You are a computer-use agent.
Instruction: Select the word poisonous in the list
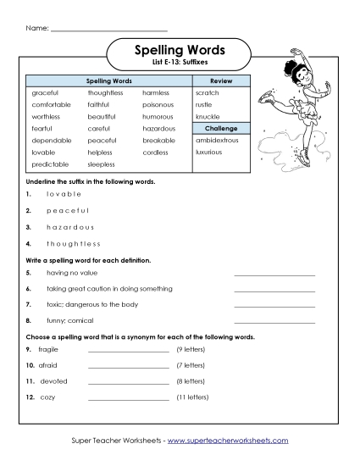(x=158, y=104)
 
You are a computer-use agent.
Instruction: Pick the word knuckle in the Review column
(x=208, y=116)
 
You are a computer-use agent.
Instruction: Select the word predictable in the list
(x=50, y=164)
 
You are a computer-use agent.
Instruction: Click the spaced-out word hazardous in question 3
(x=70, y=227)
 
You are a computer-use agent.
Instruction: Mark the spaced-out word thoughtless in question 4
(x=77, y=245)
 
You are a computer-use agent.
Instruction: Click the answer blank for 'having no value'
(x=274, y=275)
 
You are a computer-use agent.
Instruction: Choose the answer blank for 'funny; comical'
(x=274, y=322)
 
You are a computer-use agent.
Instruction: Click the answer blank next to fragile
(x=128, y=350)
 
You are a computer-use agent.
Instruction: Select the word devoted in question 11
(x=54, y=381)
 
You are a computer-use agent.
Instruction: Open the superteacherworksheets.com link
(x=229, y=441)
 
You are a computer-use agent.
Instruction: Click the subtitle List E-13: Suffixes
(x=179, y=66)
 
